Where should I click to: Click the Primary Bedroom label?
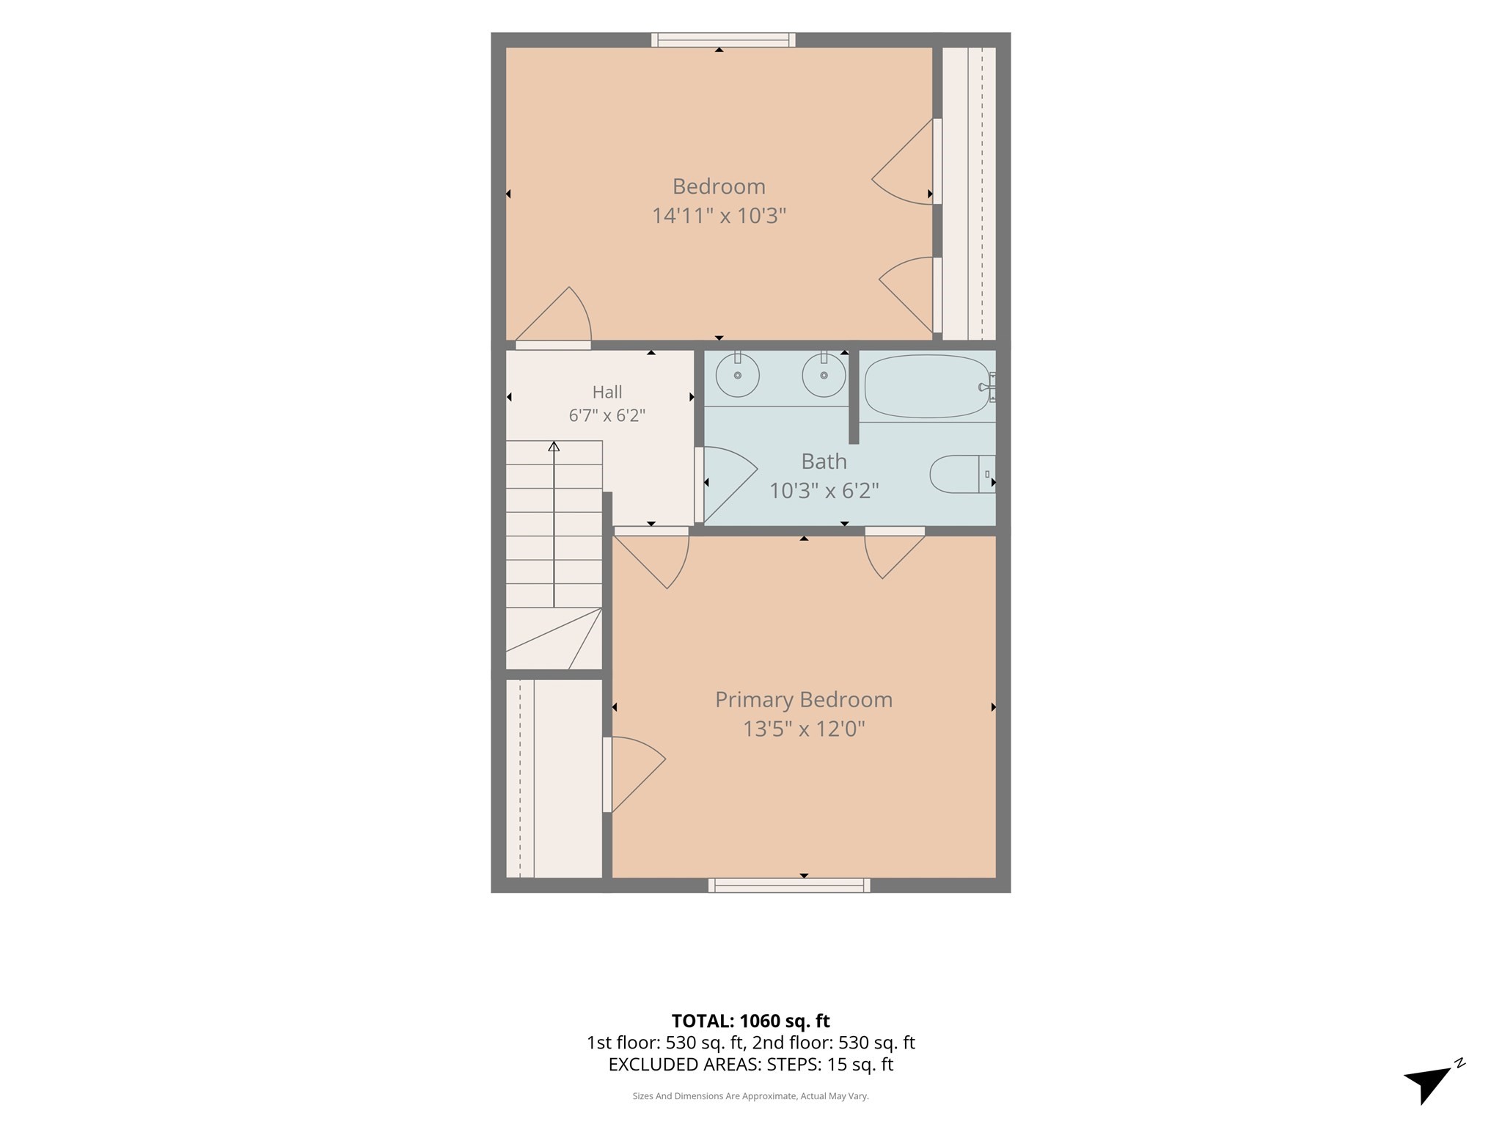point(804,700)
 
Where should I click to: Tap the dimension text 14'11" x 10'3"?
point(719,216)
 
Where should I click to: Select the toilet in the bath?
point(962,474)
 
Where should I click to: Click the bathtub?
point(928,386)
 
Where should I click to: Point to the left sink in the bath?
point(737,375)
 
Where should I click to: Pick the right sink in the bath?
point(824,375)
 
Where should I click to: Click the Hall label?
point(607,392)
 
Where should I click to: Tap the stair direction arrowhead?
point(554,446)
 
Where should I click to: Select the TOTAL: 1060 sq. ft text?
point(751,1021)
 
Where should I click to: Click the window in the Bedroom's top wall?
point(723,40)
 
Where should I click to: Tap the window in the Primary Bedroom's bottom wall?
point(789,885)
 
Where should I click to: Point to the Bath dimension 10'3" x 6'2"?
point(824,490)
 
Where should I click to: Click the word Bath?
point(824,462)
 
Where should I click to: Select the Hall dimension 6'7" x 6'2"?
point(607,415)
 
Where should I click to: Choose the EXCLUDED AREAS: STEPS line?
point(751,1065)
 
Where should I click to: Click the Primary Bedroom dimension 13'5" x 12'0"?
point(804,729)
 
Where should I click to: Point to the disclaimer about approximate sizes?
point(751,1096)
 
